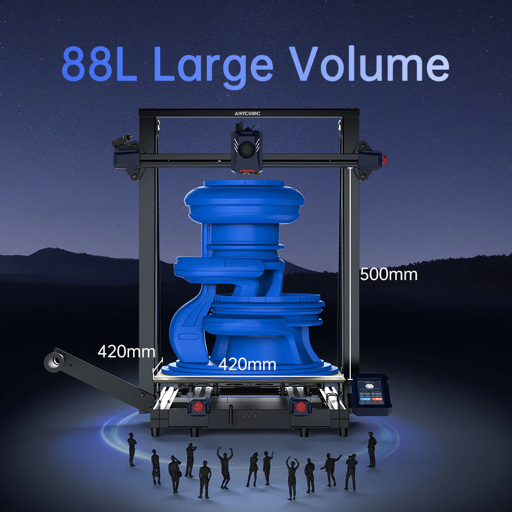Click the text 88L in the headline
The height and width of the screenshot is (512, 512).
coord(99,64)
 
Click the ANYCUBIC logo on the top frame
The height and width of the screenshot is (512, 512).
coord(247,113)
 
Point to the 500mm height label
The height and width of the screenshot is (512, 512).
coord(388,274)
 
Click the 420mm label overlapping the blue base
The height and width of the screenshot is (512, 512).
coord(247,365)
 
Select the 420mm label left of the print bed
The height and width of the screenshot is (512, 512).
coord(126,352)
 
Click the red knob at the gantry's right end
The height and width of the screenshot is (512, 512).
coord(383,158)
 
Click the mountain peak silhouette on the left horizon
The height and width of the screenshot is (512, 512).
coord(51,251)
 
